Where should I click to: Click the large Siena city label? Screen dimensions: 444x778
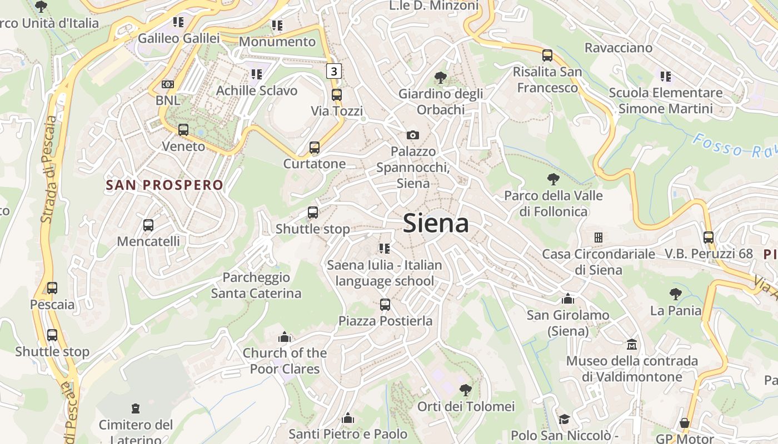coord(436,224)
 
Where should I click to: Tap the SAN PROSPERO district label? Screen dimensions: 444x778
coord(164,185)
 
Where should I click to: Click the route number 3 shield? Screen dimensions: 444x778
coord(333,71)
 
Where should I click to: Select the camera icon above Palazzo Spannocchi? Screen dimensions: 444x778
coord(413,135)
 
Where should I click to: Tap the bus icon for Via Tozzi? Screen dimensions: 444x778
coord(337,95)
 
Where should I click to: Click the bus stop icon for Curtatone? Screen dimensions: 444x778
coord(315,148)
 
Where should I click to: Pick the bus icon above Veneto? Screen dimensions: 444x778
coord(183,130)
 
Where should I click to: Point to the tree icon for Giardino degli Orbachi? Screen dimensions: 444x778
coord(441,78)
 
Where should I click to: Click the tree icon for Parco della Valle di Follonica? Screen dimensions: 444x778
coord(553,179)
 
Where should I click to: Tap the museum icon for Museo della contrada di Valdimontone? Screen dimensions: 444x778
coord(632,345)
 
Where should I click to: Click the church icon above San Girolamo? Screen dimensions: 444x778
coord(568,299)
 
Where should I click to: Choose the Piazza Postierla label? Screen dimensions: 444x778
coord(385,321)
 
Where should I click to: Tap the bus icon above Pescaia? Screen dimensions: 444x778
coord(52,288)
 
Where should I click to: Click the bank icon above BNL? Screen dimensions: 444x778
coord(168,84)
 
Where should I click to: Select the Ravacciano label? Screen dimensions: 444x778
coord(618,48)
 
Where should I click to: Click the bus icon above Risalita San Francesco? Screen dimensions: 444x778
coord(547,56)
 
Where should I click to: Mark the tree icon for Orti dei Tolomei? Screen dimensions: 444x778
coord(466,390)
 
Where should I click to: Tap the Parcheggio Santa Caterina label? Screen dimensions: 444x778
coord(256,285)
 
